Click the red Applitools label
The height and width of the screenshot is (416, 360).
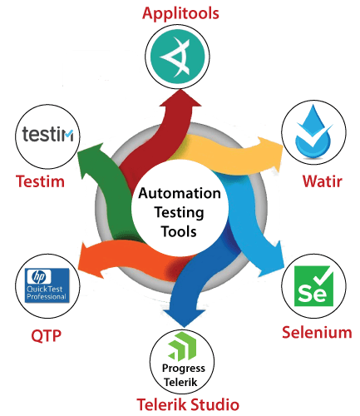click(x=180, y=14)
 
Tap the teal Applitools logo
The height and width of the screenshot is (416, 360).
click(x=177, y=57)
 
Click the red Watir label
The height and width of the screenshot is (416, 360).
click(x=322, y=181)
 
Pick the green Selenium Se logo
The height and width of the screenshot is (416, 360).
click(x=313, y=286)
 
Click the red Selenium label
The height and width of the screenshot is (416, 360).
click(x=317, y=332)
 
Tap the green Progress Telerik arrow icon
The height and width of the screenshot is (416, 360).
click(x=182, y=346)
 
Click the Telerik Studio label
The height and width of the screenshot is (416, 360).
click(x=188, y=404)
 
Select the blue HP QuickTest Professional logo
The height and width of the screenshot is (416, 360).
click(x=47, y=285)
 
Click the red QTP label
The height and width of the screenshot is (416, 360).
click(x=46, y=336)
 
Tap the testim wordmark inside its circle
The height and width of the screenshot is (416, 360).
click(x=47, y=134)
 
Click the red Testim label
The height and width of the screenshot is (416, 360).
click(x=40, y=181)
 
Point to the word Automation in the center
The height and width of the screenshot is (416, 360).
click(x=180, y=193)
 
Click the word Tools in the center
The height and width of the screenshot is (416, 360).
click(x=179, y=231)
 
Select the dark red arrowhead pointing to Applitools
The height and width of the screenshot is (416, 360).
click(x=180, y=97)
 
